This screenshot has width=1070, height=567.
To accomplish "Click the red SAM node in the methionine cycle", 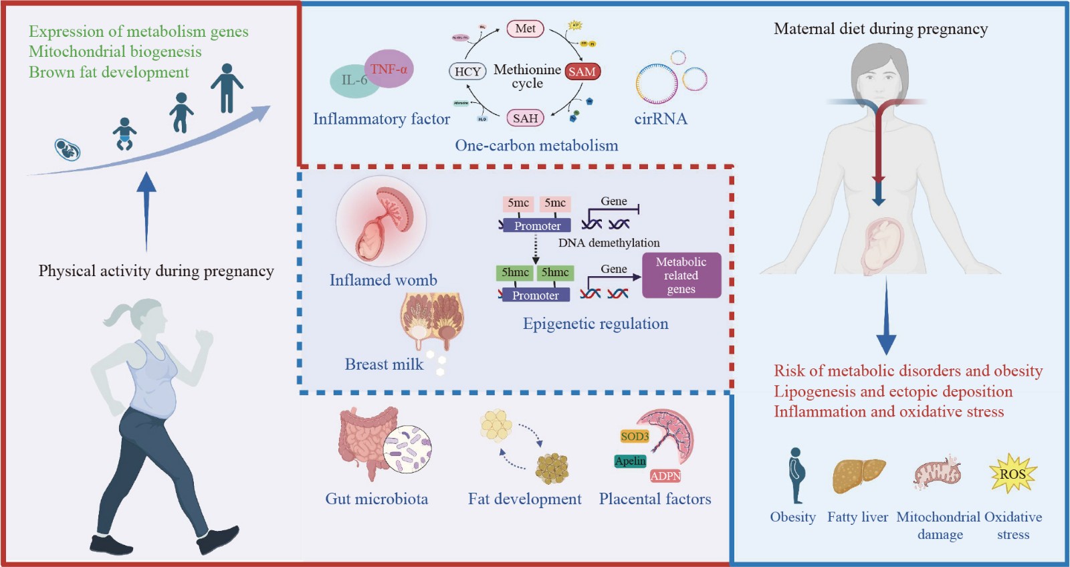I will click(582, 72).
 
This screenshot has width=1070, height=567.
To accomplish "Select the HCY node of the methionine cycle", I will click(467, 72).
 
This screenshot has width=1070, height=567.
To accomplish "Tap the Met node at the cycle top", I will click(525, 29).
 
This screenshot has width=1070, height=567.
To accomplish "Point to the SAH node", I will click(525, 118).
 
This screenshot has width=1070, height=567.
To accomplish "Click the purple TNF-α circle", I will click(390, 68).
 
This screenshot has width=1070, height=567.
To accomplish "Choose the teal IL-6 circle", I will click(352, 81).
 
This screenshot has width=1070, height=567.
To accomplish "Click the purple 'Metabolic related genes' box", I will click(681, 275).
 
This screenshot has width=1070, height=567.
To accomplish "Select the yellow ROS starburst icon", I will click(1012, 473).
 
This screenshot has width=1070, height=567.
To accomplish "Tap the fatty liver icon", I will click(858, 475).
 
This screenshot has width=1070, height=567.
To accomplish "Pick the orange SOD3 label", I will click(635, 437).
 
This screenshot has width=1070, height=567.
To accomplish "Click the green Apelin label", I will click(630, 461).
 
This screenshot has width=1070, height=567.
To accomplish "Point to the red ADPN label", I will click(665, 476).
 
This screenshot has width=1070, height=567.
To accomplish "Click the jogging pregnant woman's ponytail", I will click(118, 314).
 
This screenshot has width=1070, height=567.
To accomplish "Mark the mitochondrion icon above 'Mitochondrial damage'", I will click(938, 473).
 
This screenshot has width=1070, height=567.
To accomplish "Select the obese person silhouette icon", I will click(795, 475).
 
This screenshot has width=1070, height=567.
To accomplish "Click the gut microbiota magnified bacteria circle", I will click(407, 449).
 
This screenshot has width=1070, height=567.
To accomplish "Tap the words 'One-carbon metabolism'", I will click(536, 146).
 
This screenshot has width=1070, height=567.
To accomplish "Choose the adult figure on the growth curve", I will click(227, 88).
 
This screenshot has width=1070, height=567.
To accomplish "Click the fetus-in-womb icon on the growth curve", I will click(68, 149).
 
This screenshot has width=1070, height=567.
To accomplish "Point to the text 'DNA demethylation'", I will click(609, 243).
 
